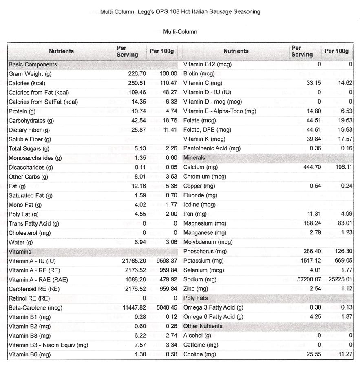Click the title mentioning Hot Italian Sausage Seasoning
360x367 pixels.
[x=180, y=12]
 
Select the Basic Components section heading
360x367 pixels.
[x=33, y=64]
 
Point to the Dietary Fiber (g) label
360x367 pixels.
[x=29, y=130]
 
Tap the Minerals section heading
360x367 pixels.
[x=194, y=158]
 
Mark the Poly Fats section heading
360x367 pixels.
[x=195, y=298]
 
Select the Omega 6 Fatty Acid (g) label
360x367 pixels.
[x=213, y=317]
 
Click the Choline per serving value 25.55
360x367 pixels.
[x=313, y=354]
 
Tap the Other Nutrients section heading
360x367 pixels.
[x=203, y=326]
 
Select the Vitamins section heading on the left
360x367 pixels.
[x=20, y=252]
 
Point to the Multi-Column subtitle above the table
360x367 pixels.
[x=180, y=32]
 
